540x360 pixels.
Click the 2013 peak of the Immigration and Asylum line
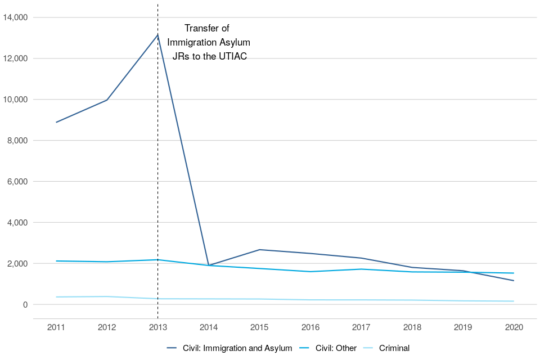point(157,35)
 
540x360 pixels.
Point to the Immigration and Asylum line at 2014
point(209,265)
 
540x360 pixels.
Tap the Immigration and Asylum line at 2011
point(56,122)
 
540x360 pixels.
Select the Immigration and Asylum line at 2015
point(259,250)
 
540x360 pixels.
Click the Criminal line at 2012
point(107,296)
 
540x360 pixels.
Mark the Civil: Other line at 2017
point(361,269)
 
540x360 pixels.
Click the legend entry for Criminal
point(394,348)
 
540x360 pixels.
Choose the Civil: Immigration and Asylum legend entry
point(237,348)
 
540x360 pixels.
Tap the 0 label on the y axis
point(25,305)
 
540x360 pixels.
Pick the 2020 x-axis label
point(514,327)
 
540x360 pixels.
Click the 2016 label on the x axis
point(310,327)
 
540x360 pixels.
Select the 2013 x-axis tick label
point(157,327)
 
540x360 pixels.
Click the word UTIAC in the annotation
point(233,57)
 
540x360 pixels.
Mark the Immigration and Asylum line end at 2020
point(514,280)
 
